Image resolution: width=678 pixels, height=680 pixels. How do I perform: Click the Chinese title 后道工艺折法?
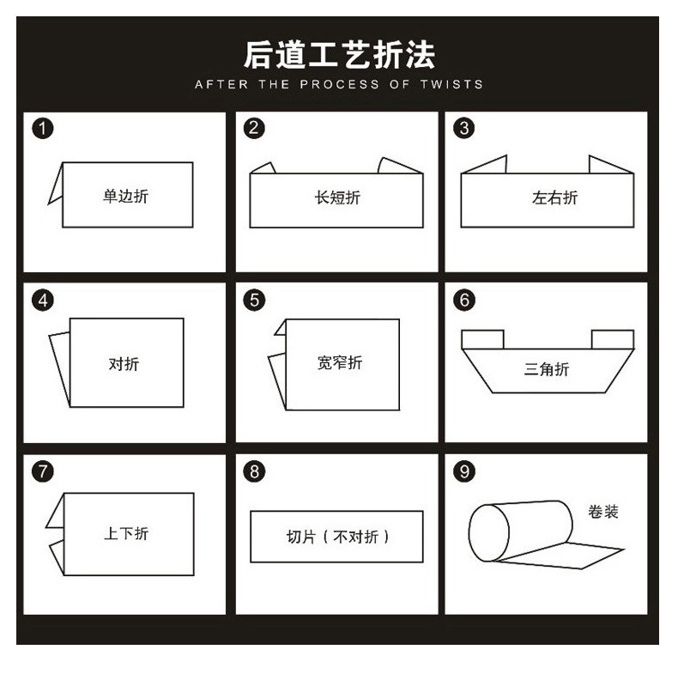[339, 54]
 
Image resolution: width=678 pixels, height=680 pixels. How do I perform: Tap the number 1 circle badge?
[43, 129]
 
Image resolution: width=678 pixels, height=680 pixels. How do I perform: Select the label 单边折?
[125, 196]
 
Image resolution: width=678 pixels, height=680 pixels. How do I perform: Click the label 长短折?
[337, 197]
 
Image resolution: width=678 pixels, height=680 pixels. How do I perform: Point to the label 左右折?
[554, 197]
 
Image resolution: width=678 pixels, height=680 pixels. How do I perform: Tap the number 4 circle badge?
[43, 300]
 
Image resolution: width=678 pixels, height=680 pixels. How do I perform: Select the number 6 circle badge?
[464, 300]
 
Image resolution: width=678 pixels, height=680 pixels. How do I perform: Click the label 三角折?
[547, 369]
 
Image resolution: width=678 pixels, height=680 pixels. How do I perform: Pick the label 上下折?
[126, 533]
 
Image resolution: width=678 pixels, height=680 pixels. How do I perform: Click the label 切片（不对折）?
[337, 537]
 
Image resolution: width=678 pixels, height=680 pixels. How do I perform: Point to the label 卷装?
[602, 512]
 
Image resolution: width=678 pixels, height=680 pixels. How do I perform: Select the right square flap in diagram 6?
[612, 339]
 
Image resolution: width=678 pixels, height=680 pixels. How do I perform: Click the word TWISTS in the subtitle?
[451, 84]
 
